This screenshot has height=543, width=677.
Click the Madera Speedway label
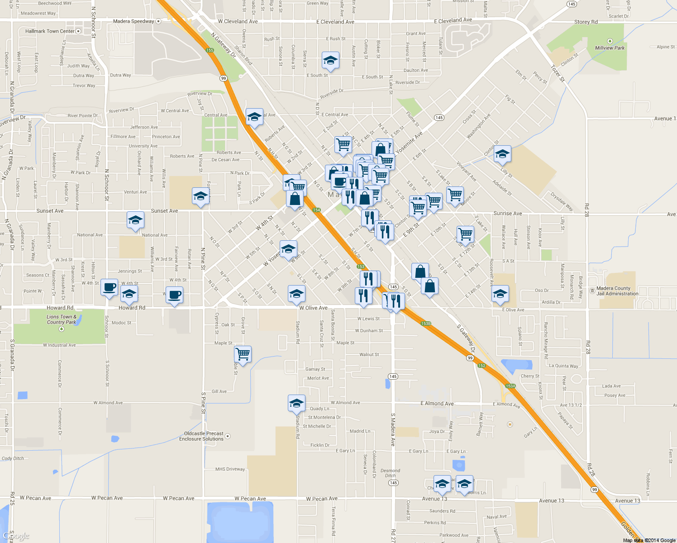133,21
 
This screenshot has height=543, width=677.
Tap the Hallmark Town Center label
50,31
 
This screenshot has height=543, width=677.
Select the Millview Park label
610,48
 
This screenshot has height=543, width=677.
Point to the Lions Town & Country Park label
62,319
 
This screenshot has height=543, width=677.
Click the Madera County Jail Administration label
617,291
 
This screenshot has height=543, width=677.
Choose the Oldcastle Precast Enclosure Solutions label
201,436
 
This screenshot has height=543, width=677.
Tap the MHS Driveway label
230,469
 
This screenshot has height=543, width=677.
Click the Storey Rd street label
586,22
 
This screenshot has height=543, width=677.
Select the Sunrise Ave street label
507,213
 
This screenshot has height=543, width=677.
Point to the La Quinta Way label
563,366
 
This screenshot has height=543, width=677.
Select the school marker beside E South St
330,60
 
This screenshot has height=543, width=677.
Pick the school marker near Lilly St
502,154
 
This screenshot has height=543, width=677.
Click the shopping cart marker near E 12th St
465,234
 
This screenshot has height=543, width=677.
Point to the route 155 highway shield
210,50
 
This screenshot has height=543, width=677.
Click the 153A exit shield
510,386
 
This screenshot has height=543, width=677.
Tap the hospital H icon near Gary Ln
510,424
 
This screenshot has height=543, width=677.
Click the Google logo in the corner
17,536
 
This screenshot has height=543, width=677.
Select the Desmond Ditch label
390,473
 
